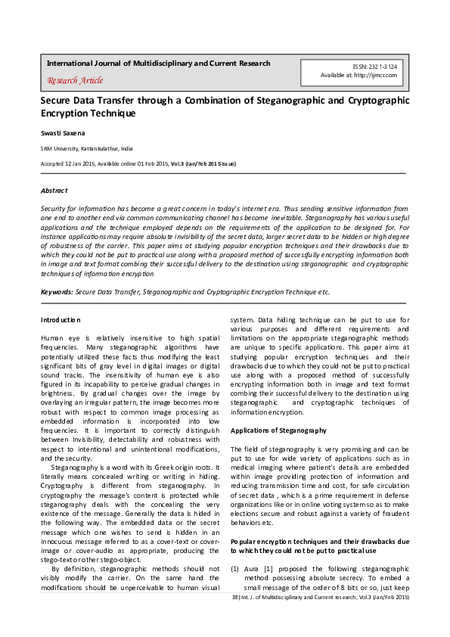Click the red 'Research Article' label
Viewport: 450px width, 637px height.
point(75,80)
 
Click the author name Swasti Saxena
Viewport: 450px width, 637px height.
point(64,132)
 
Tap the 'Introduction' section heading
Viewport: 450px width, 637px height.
point(61,320)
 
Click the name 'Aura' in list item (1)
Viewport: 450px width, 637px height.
point(252,565)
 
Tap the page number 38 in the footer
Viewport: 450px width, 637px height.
point(235,598)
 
